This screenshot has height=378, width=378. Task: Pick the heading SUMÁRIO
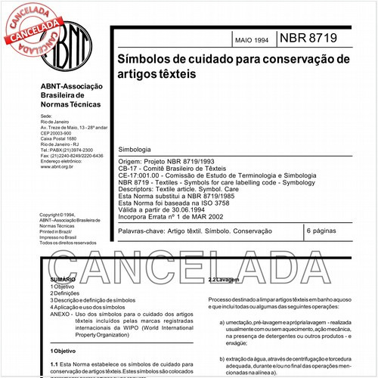(x=64, y=279)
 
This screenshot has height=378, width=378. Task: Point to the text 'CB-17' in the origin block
(x=131, y=169)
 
